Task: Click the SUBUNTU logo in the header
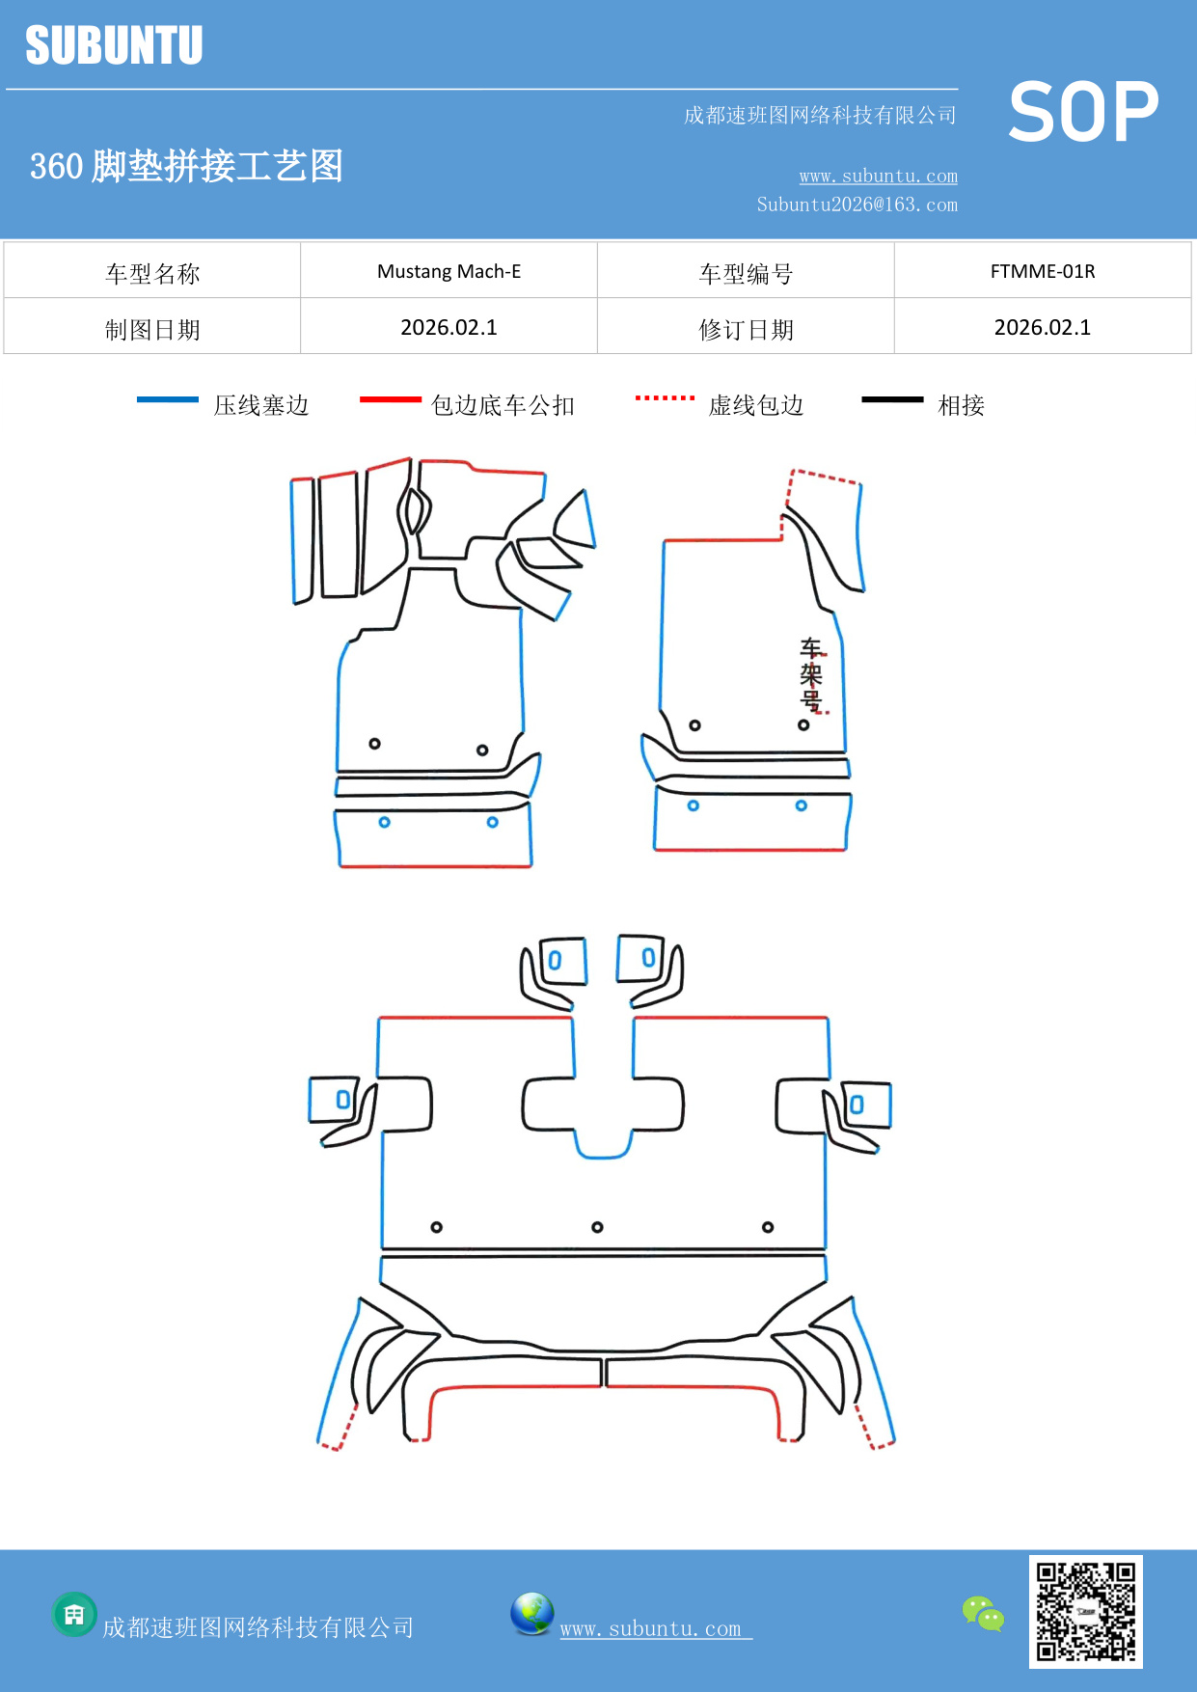click(114, 45)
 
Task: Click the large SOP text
click(1082, 112)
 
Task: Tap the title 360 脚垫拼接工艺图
click(186, 166)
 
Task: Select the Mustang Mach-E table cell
click(449, 271)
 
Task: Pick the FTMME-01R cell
click(1042, 271)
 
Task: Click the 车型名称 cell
click(152, 274)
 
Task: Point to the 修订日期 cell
click(746, 330)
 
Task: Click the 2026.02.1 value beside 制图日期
click(449, 328)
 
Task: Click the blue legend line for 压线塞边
click(168, 399)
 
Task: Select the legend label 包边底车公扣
click(503, 405)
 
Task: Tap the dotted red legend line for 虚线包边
click(665, 397)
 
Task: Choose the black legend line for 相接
click(892, 399)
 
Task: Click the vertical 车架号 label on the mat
click(811, 674)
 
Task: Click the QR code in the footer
click(1085, 1611)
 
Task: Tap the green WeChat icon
click(983, 1614)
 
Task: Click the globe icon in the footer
click(531, 1614)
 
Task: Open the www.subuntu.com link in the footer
click(651, 1628)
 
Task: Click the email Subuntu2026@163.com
click(857, 205)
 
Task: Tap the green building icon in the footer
click(74, 1614)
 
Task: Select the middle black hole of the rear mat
click(597, 1227)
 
